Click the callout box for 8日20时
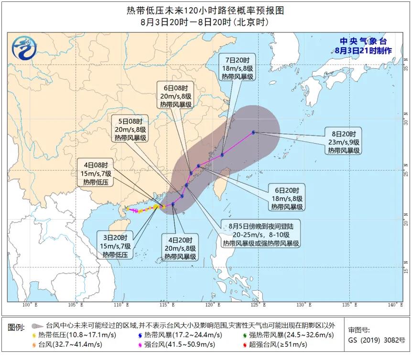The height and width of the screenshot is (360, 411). tap(344, 141)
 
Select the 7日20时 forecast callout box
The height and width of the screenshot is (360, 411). tap(238, 69)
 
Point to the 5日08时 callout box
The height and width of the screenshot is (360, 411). tap(130, 129)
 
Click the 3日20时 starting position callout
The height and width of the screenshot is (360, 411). tap(117, 246)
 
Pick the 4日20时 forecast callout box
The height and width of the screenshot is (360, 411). tap(180, 248)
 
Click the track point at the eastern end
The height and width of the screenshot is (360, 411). tap(253, 132)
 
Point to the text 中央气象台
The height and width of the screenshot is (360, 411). tap(363, 41)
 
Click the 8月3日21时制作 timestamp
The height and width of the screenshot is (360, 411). tap(363, 50)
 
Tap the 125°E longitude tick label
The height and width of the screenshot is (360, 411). tap(257, 305)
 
